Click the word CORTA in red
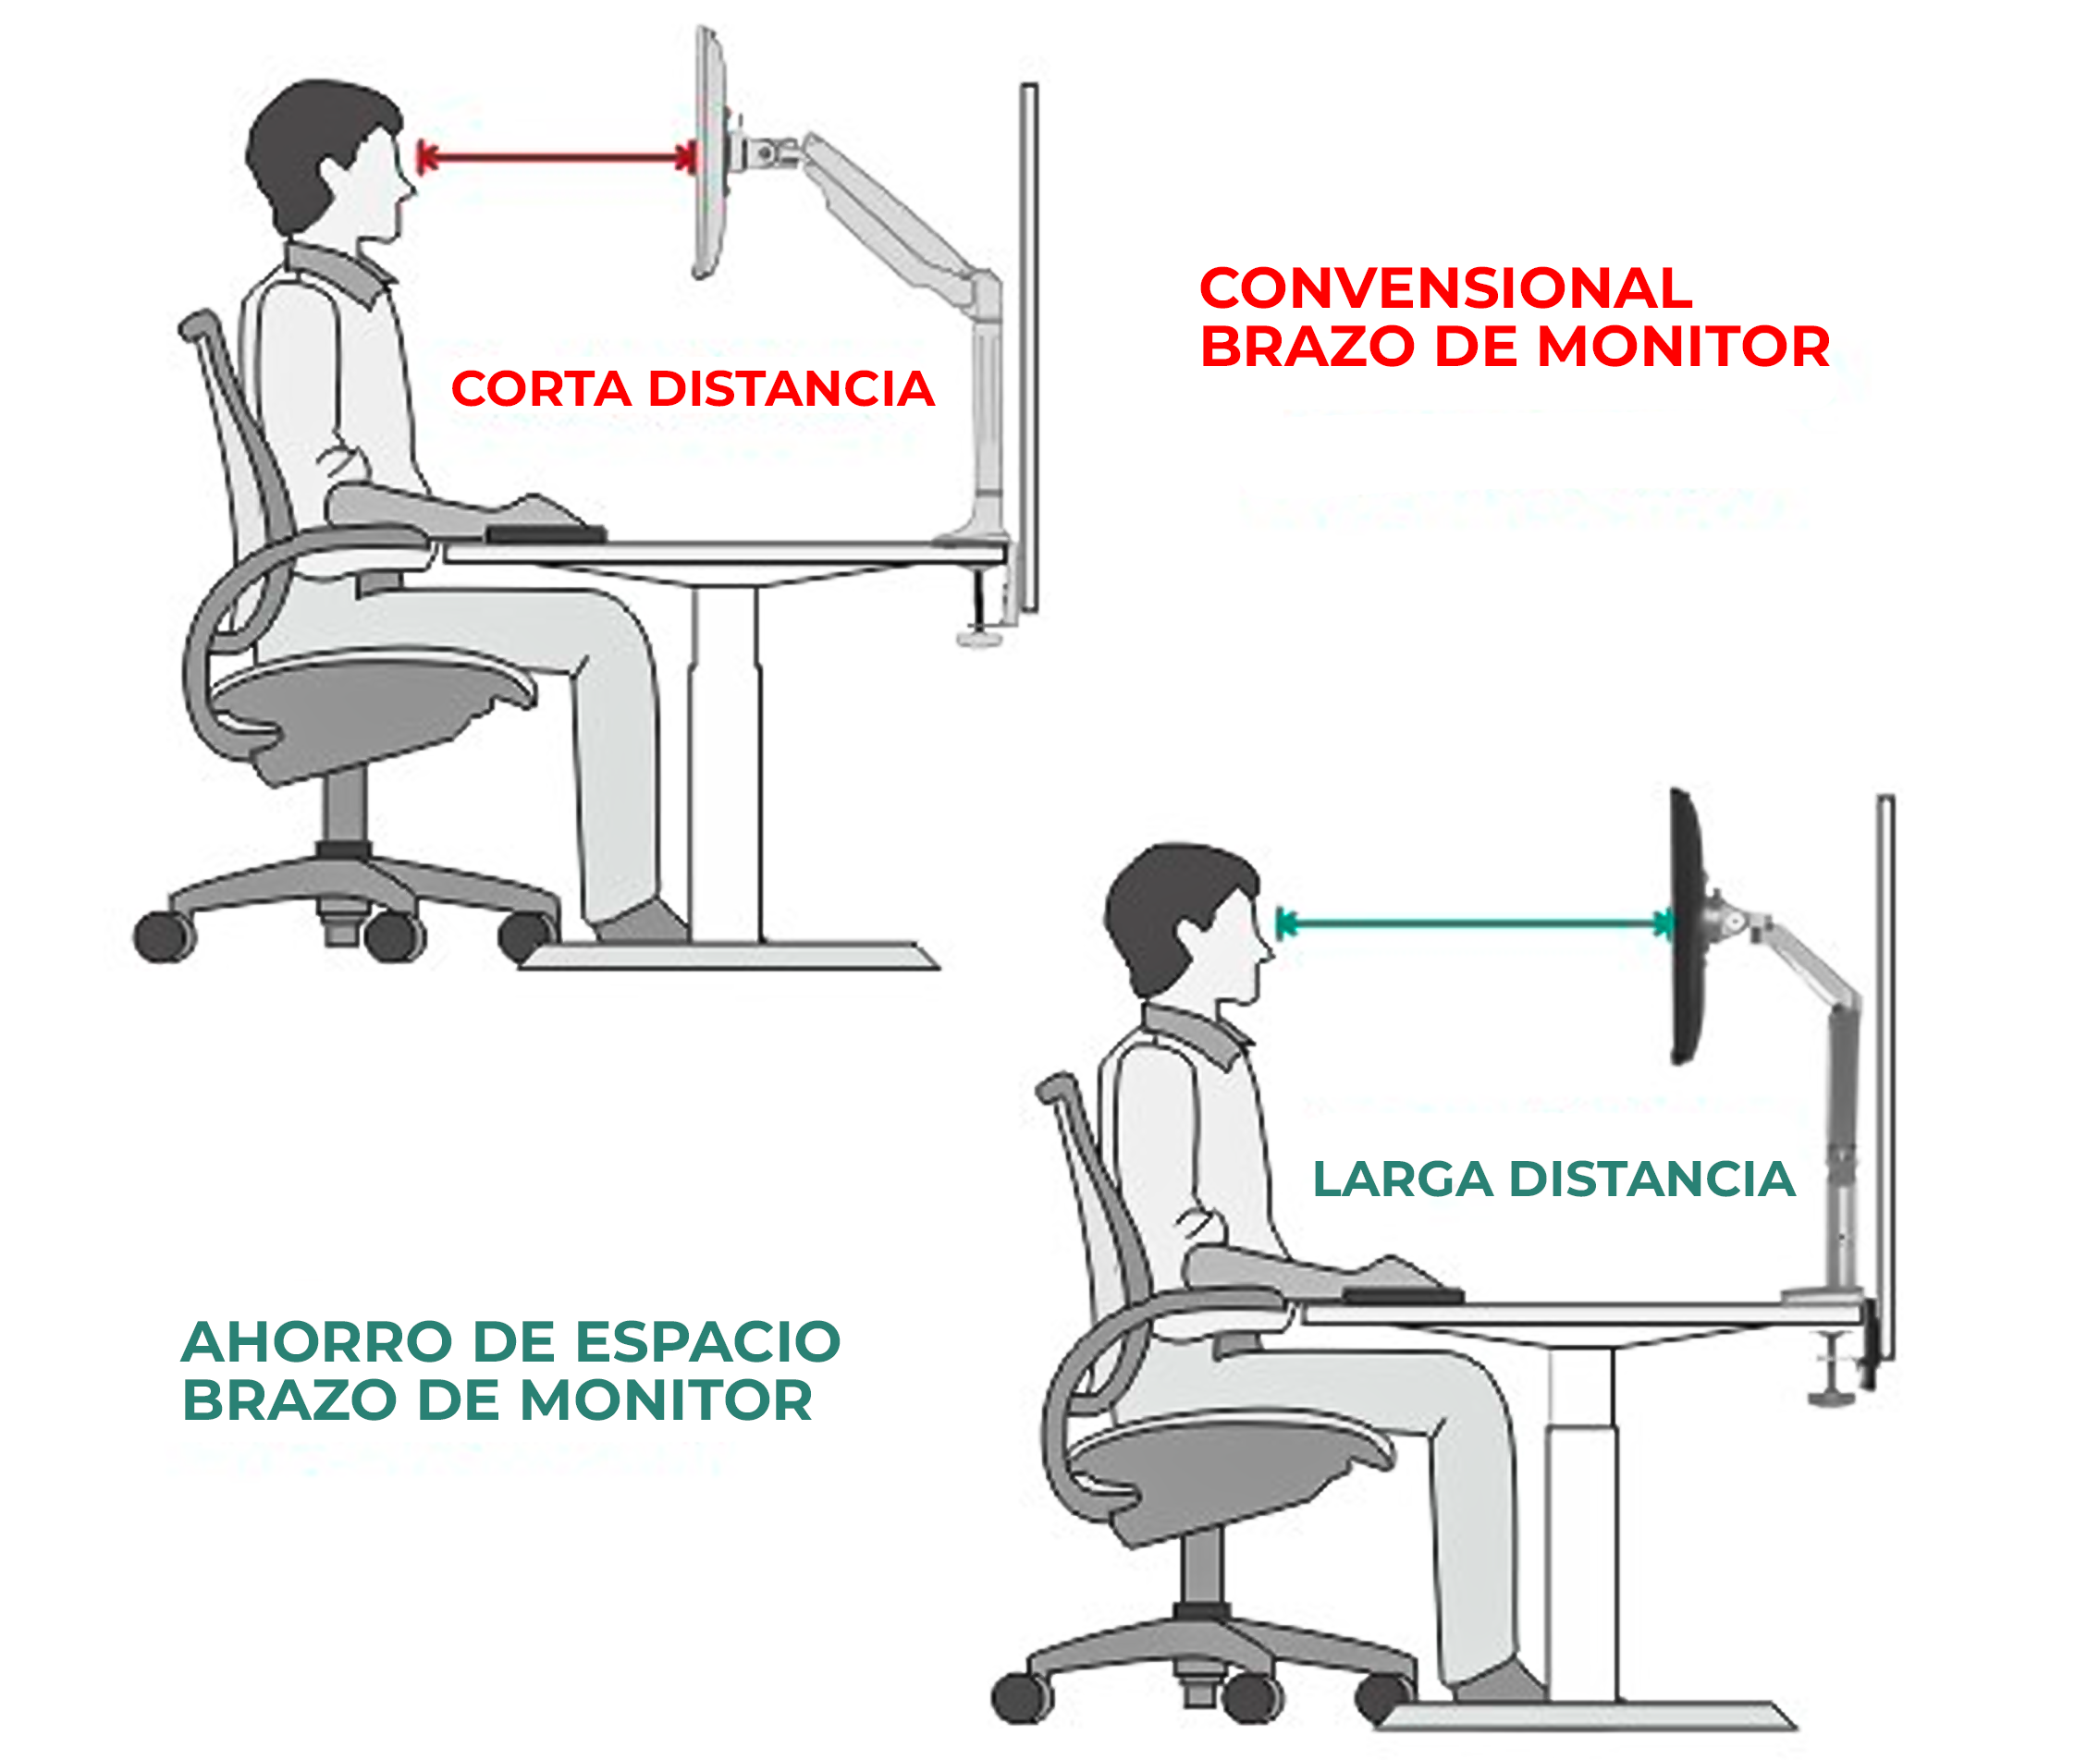(540, 389)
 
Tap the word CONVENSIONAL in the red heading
(1444, 289)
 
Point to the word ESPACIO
(707, 1342)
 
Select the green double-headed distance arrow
(1475, 923)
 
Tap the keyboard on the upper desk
(546, 535)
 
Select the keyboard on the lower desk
(1403, 1295)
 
